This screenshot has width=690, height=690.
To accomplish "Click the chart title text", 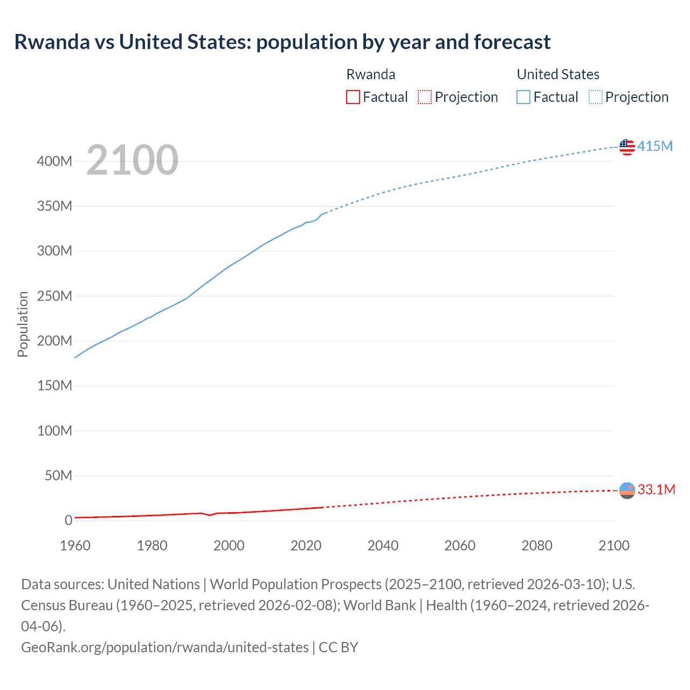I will [282, 42].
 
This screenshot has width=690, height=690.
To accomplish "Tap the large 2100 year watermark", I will [132, 160].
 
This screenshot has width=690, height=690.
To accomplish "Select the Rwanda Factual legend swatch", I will [353, 97].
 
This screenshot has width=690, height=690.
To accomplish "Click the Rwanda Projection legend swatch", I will [425, 97].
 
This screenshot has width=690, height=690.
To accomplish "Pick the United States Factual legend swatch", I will [523, 97].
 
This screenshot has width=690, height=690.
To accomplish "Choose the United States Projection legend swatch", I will [595, 97].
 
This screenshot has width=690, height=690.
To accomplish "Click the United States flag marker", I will [627, 147].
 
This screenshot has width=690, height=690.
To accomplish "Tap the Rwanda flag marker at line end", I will [627, 491].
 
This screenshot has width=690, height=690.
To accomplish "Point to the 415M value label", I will [655, 146].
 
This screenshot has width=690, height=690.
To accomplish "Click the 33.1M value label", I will [656, 489].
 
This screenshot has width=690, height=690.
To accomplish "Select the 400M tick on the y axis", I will [54, 161].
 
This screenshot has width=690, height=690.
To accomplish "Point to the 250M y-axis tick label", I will [54, 296].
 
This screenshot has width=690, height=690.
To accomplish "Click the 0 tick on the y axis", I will [68, 520].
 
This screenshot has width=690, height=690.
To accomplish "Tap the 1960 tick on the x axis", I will [75, 546].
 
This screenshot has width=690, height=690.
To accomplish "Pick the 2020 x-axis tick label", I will [306, 546].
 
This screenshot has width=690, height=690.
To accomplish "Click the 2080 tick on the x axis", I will [537, 546].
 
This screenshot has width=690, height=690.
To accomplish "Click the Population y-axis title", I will [23, 324].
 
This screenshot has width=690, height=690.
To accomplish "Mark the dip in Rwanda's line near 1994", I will [210, 515].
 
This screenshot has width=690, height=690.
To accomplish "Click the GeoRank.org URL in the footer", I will [164, 647].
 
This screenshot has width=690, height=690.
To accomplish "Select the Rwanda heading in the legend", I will [370, 74].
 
